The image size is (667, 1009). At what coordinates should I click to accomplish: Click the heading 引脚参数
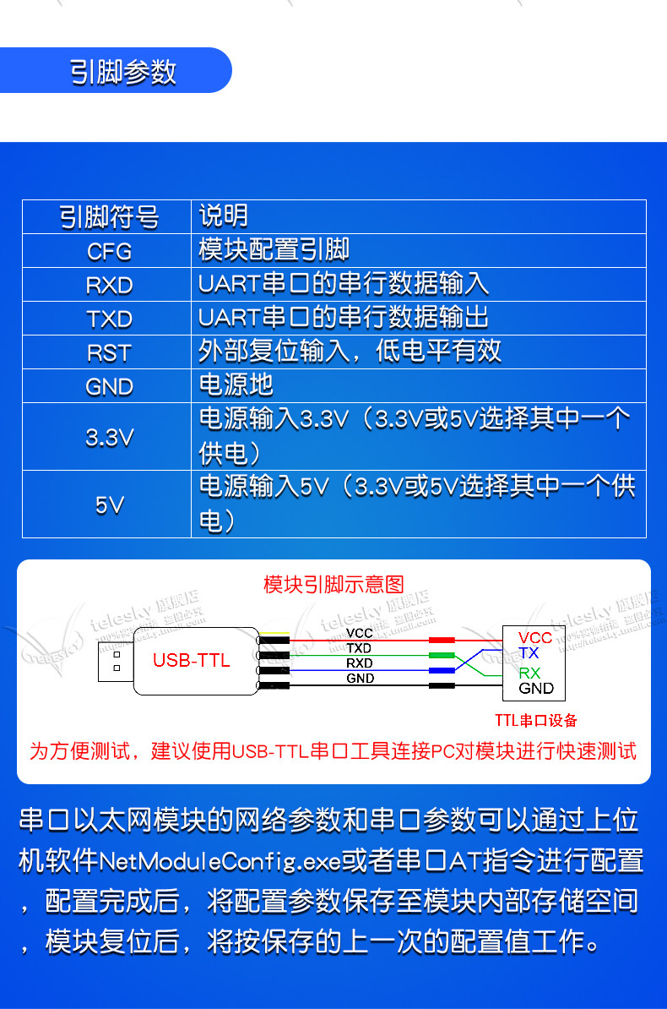click(123, 72)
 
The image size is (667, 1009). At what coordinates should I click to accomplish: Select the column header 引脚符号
click(109, 217)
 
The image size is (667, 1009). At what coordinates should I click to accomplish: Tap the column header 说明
click(224, 216)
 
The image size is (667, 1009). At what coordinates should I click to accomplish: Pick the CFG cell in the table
click(109, 251)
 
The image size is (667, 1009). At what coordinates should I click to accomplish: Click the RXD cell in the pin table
click(109, 285)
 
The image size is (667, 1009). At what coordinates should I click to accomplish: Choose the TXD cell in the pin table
click(109, 319)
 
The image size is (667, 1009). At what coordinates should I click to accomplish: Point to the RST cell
click(109, 352)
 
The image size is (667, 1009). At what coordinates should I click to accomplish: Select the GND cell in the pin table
click(109, 386)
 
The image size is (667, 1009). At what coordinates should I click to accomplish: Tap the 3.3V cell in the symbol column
click(109, 437)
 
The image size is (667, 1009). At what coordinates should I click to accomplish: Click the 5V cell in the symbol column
click(109, 504)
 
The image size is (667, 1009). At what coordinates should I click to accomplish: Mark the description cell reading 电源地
click(236, 385)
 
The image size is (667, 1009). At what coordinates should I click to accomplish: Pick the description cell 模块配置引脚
click(274, 250)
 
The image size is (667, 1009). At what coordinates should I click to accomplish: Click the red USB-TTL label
click(191, 661)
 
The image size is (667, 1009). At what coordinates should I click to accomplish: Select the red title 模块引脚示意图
click(333, 584)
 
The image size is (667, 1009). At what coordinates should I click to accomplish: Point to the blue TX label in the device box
click(529, 653)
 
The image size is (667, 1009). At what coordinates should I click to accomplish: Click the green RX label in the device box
click(529, 673)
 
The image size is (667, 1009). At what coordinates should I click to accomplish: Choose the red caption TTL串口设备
click(536, 720)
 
